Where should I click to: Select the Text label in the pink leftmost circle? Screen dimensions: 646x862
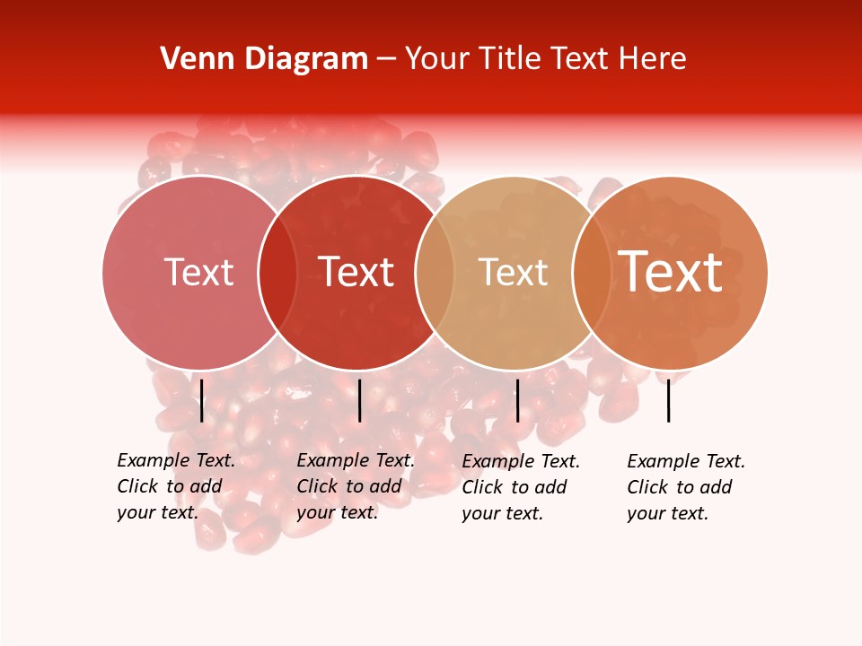198,272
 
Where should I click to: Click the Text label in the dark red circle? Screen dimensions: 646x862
356,272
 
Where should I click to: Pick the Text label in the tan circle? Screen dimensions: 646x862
513,272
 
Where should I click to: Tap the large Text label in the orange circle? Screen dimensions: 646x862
671,271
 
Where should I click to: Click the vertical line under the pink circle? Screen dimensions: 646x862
202,400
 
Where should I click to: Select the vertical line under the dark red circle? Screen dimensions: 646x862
359,400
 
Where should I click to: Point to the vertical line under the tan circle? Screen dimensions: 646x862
517,400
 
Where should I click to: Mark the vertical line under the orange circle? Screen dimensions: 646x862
669,400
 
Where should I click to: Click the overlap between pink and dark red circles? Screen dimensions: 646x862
277,272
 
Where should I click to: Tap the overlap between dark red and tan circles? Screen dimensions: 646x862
435,272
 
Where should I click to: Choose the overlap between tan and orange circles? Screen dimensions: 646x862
592,272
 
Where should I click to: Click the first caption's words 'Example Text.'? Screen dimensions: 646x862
176,460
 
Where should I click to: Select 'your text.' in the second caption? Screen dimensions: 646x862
337,512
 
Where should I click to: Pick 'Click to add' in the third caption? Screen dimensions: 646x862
515,487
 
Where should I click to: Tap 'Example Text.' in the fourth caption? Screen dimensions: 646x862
686,461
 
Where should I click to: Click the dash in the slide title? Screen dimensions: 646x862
386,60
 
